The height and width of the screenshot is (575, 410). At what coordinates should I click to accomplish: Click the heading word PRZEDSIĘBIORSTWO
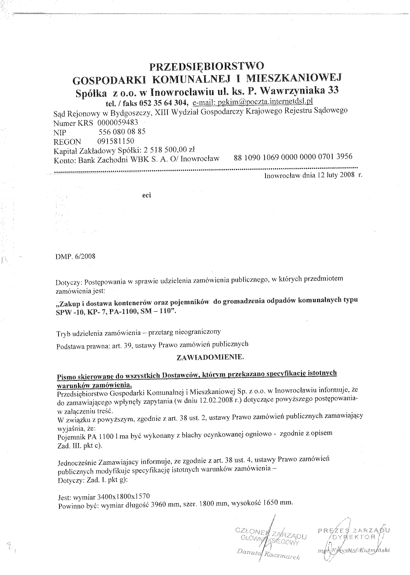point(207,66)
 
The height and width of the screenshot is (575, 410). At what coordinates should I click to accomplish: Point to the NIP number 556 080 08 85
point(122,132)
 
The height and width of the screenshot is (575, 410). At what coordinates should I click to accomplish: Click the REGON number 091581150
point(115,141)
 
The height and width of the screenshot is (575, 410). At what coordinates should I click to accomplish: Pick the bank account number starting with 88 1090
point(293,157)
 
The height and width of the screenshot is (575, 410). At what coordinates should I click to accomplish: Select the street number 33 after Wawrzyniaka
point(333,90)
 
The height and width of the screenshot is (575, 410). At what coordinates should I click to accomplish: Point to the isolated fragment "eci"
point(147,195)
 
